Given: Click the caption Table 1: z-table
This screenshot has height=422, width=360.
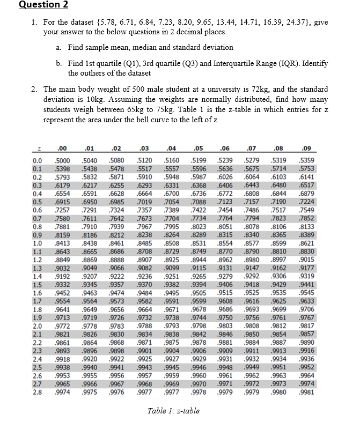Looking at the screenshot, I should click(173, 411).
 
